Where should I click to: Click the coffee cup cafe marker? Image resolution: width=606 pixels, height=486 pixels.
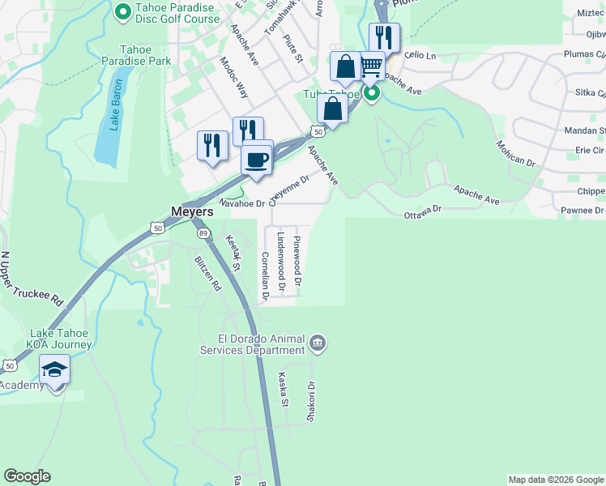tap(258, 160)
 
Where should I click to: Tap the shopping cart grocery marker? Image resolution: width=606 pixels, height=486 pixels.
tap(371, 66)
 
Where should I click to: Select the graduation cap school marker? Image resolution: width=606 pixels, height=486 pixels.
tap(55, 371)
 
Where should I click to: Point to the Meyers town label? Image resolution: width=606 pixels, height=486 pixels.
tap(192, 211)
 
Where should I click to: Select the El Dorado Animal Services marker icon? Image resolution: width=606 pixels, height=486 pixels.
tap(318, 344)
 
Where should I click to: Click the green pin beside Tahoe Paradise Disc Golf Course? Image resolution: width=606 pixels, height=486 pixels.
tap(123, 11)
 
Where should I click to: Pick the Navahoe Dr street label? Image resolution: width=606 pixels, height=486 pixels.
tap(241, 203)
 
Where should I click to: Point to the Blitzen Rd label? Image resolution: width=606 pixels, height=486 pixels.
tap(207, 273)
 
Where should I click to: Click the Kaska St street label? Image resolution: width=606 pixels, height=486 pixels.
tap(284, 390)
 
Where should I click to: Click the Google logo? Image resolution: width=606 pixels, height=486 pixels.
tap(27, 476)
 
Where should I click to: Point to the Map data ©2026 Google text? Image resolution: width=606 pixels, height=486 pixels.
tap(555, 480)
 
